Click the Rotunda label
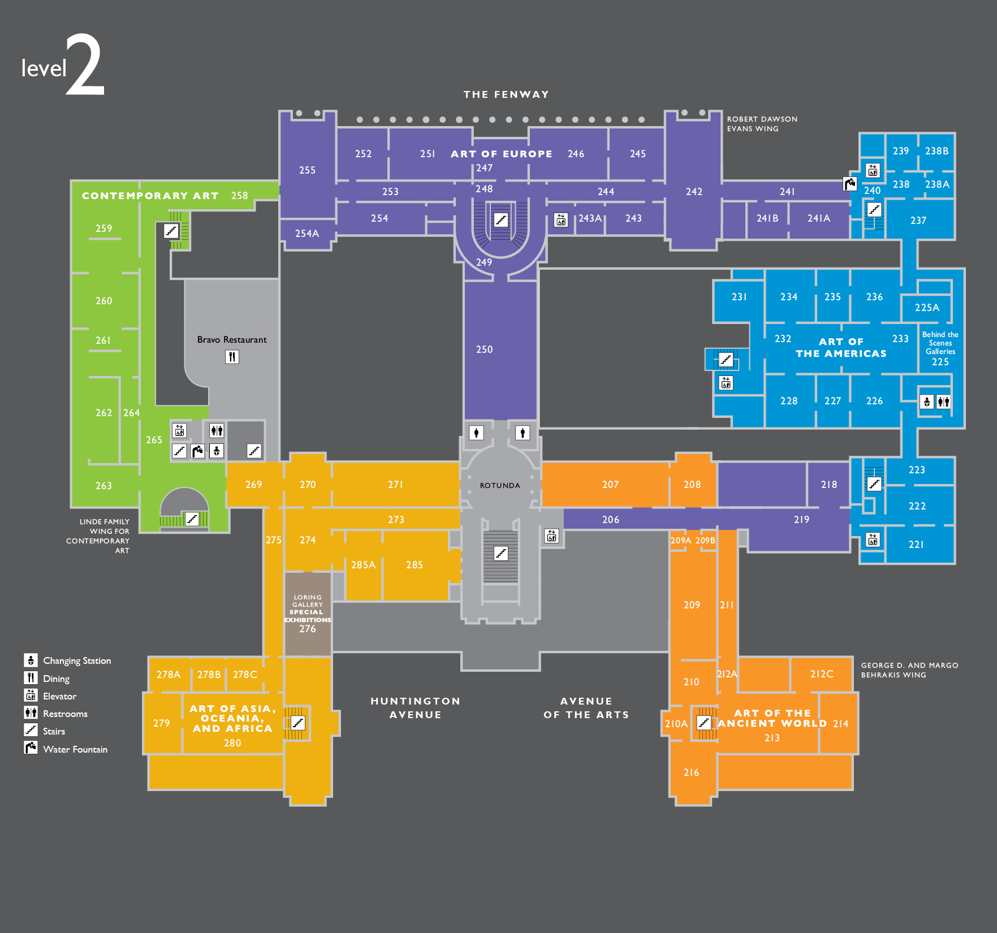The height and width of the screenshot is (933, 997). (499, 485)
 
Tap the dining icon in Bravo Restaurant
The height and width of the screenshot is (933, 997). (232, 357)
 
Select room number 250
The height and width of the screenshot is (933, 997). (484, 349)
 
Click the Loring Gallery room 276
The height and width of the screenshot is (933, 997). (307, 629)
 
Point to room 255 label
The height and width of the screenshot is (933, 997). (307, 170)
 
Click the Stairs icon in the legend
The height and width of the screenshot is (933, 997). (31, 730)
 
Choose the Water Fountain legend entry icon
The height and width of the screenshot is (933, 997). (31, 748)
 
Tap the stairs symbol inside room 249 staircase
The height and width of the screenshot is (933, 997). (500, 219)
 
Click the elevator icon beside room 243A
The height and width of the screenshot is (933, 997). (560, 219)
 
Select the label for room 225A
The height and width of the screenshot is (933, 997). (927, 308)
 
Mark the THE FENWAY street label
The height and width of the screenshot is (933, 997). (506, 94)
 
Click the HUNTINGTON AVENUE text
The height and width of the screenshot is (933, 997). (415, 707)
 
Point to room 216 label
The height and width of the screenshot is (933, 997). (691, 772)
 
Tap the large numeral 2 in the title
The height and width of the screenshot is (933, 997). (85, 65)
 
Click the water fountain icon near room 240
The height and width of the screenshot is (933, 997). (850, 184)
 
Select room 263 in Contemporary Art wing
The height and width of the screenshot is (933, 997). (103, 486)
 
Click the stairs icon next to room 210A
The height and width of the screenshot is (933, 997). (703, 722)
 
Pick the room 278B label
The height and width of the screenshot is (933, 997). (209, 675)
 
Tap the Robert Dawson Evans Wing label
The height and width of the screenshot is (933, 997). (762, 124)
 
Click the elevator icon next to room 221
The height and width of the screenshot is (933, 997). (873, 540)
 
